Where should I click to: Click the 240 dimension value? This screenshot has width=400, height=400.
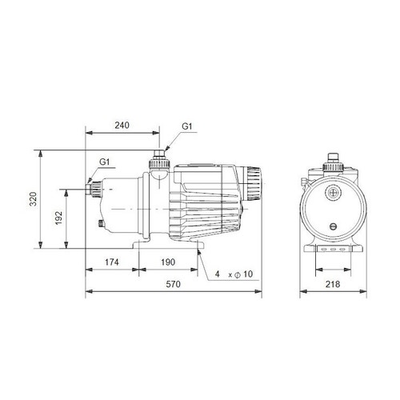point(122,126)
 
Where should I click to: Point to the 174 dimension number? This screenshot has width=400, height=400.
point(112,262)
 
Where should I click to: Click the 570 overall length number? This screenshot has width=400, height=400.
point(172,284)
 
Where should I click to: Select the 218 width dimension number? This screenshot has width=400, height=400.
point(331,284)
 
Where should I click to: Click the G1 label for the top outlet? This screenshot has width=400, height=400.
point(186,126)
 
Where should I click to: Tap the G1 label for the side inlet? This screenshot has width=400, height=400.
point(105,162)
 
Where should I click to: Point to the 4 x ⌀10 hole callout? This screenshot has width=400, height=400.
point(234,274)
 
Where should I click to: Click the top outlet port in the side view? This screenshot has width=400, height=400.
point(159,154)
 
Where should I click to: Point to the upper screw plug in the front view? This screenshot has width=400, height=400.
point(331,192)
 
